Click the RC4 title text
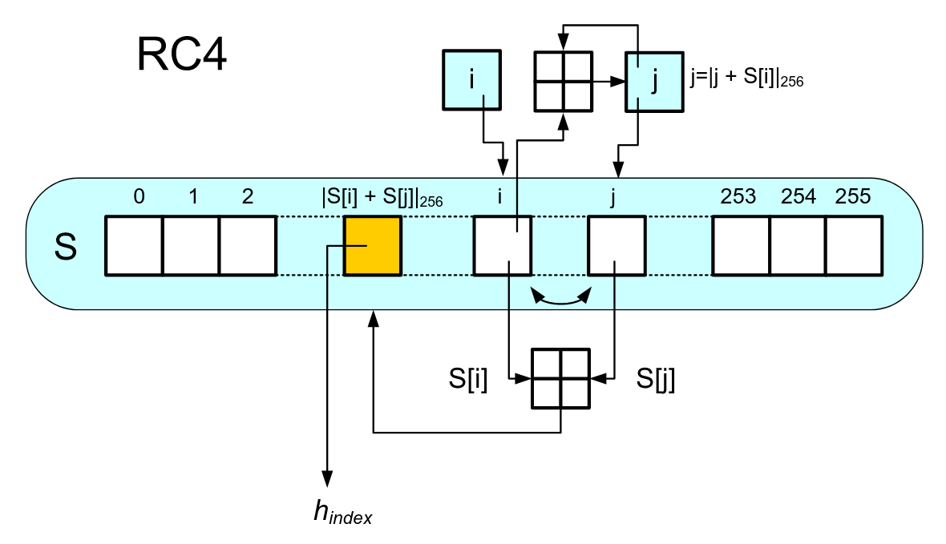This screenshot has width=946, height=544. pyautogui.click(x=182, y=54)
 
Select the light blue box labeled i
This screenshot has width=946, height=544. pyautogui.click(x=471, y=80)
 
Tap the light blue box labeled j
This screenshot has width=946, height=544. pyautogui.click(x=655, y=82)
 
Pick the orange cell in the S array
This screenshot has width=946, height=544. pyautogui.click(x=373, y=246)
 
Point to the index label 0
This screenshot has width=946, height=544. pyautogui.click(x=139, y=196)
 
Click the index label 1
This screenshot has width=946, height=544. pyautogui.click(x=193, y=196)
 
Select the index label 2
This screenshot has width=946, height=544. pyautogui.click(x=248, y=196)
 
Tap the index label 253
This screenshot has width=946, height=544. pyautogui.click(x=738, y=196)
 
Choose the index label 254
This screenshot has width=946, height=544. pyautogui.click(x=798, y=196)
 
